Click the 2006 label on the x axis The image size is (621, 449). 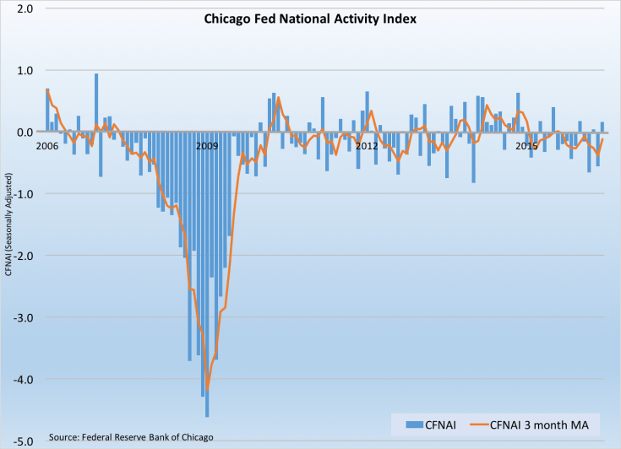point(47,145)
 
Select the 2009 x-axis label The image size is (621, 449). point(207,145)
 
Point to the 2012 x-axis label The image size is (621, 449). point(367,145)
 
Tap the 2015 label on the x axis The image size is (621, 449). point(526,145)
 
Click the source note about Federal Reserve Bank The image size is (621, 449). point(131,436)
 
